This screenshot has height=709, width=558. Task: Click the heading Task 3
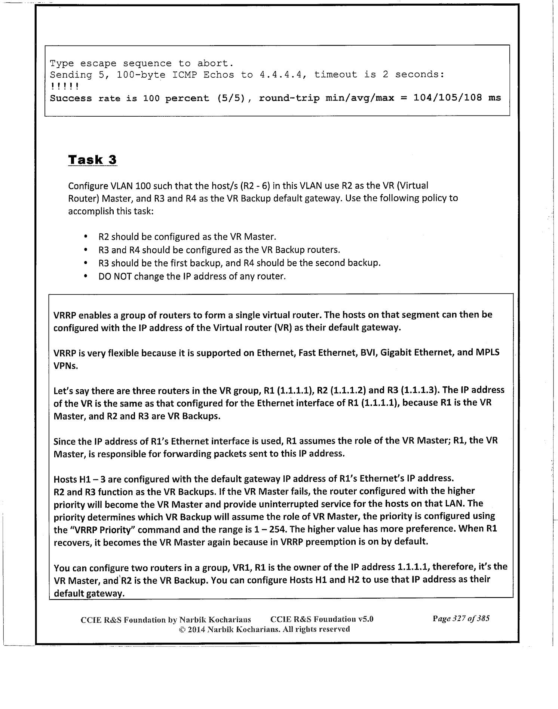click(x=92, y=160)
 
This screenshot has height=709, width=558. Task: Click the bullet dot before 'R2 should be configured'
click(x=86, y=237)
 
